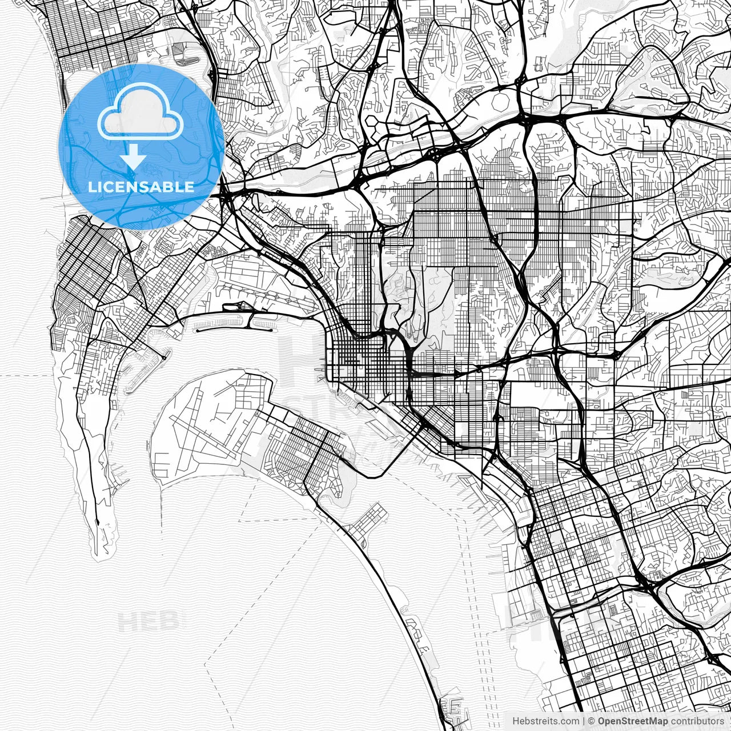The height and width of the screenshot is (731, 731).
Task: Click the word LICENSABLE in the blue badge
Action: point(140,187)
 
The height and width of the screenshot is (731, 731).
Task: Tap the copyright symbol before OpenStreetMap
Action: point(592,721)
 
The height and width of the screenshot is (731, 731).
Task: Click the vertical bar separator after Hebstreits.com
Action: point(584,721)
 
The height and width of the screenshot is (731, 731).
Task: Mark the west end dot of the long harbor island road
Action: point(196,330)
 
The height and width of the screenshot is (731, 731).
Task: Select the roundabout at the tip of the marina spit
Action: point(164,358)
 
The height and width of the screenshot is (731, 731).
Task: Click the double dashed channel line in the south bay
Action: point(485,628)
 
